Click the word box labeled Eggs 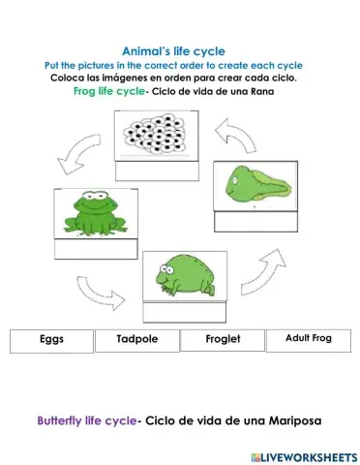(x=51, y=341)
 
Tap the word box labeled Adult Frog (x=308, y=340)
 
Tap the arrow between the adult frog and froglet (x=95, y=288)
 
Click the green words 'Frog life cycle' (x=105, y=91)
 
